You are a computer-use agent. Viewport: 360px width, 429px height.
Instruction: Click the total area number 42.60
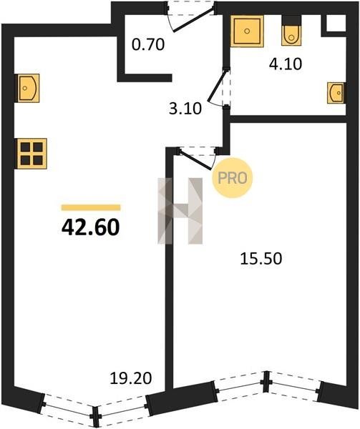(91, 227)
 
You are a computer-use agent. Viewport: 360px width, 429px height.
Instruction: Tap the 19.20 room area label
(130, 378)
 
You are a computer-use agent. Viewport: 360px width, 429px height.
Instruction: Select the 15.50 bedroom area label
(261, 259)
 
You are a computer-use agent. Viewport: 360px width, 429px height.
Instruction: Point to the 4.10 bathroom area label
(286, 64)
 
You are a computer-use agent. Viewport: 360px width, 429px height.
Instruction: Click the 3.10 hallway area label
(185, 109)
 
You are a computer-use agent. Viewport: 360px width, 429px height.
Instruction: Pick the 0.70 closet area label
(148, 44)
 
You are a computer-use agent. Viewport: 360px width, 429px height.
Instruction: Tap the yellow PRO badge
(233, 178)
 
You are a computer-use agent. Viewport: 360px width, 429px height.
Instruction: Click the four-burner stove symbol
(31, 154)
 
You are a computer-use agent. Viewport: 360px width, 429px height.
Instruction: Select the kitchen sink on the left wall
(29, 88)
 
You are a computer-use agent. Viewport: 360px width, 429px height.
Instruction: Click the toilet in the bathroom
(291, 35)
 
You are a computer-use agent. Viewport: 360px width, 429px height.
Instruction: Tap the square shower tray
(247, 31)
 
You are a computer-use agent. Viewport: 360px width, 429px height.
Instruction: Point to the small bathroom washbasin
(336, 93)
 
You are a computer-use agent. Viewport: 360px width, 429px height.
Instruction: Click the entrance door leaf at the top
(193, 20)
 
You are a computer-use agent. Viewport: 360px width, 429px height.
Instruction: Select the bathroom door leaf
(217, 86)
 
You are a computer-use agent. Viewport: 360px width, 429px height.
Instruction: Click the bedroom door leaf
(196, 159)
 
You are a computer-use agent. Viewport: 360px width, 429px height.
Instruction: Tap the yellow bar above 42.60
(91, 207)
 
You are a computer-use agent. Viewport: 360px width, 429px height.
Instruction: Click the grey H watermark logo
(180, 211)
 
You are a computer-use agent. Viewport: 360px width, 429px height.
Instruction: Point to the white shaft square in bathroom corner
(336, 24)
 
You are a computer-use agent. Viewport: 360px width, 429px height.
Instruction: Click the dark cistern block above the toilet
(291, 20)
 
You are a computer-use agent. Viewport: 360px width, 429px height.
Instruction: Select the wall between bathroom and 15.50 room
(288, 119)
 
